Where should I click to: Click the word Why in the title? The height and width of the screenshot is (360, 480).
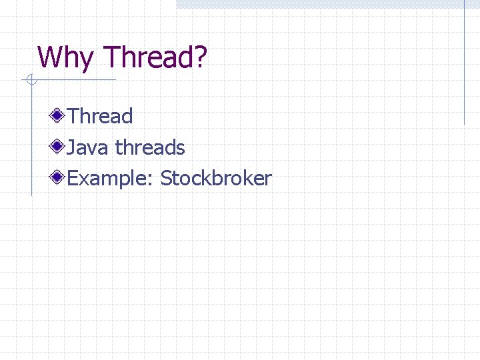click(65, 58)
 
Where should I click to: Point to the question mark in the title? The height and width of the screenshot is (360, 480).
click(200, 58)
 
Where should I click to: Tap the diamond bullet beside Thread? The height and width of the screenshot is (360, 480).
click(59, 116)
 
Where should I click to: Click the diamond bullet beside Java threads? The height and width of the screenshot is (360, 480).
click(59, 147)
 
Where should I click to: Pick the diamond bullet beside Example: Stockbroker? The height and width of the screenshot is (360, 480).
click(59, 178)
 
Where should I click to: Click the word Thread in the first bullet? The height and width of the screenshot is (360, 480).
click(100, 116)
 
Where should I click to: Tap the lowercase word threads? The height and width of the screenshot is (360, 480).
click(150, 147)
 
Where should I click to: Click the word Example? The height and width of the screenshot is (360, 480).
click(111, 179)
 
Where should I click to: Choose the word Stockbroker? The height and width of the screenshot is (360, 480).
click(216, 179)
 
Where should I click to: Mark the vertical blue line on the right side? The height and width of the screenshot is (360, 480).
click(464, 67)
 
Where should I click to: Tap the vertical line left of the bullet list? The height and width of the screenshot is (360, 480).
click(31, 147)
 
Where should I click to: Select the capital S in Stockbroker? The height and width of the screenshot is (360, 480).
click(166, 179)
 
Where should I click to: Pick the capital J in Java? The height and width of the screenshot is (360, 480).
click(72, 147)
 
